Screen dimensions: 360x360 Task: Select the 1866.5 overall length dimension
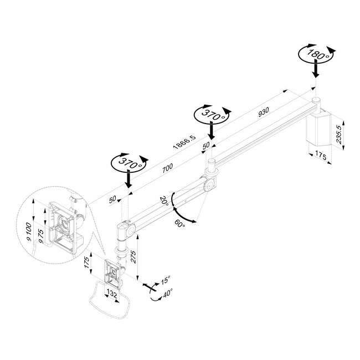coord(182,142)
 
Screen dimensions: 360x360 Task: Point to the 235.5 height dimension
coord(346,133)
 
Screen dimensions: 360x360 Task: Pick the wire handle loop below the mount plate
coord(107,305)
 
